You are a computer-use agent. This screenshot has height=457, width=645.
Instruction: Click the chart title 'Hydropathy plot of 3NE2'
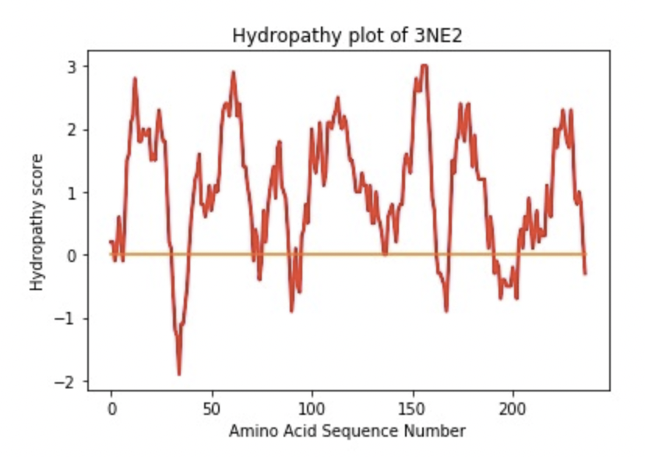(x=347, y=36)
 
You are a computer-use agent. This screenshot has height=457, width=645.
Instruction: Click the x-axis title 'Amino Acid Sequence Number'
(x=347, y=430)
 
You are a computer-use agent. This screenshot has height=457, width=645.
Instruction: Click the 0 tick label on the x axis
(x=111, y=409)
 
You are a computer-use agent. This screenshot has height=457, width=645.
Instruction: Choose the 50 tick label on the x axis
(x=211, y=409)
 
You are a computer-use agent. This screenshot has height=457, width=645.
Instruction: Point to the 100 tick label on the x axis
(x=312, y=409)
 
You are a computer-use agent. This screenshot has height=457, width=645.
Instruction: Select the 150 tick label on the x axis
(x=412, y=409)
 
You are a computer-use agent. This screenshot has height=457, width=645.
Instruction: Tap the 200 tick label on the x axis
(x=513, y=409)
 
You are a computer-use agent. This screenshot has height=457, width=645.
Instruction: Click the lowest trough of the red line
(x=179, y=374)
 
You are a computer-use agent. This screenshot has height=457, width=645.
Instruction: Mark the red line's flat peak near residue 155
(x=424, y=66)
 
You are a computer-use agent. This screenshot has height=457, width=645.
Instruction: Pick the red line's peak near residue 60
(x=232, y=73)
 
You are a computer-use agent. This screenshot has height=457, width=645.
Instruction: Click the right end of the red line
(x=585, y=274)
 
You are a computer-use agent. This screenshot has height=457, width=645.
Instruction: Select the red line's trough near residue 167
(x=446, y=310)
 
